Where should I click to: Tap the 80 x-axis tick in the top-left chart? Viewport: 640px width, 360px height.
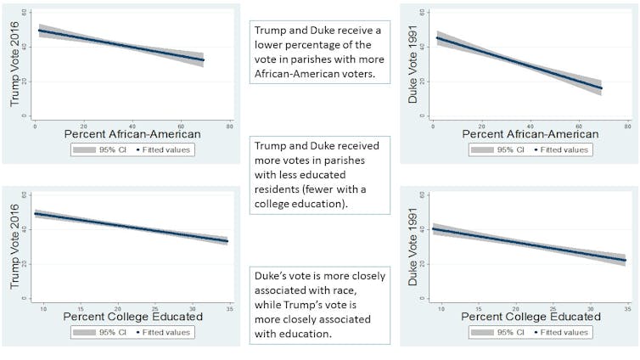click(x=229, y=124)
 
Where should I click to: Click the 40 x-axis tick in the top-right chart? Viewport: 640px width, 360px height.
click(x=531, y=124)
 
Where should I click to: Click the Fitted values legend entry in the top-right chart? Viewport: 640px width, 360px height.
click(x=564, y=149)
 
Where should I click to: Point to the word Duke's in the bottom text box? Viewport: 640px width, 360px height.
click(x=273, y=276)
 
